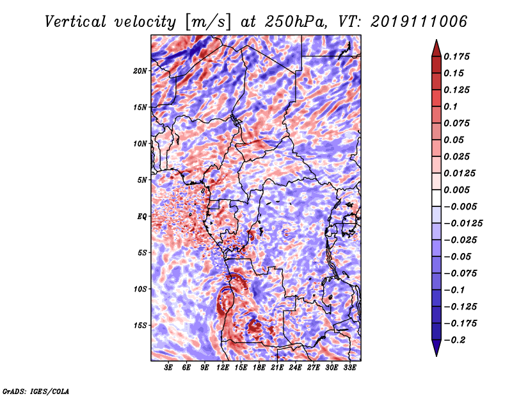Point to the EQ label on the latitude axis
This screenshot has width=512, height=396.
pyautogui.click(x=142, y=217)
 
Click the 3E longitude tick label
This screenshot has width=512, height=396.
pyautogui.click(x=169, y=368)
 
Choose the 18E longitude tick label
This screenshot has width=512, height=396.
pyautogui.click(x=259, y=368)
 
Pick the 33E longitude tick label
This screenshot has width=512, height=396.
pyautogui.click(x=349, y=368)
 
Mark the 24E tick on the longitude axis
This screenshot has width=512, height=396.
pyautogui.click(x=296, y=368)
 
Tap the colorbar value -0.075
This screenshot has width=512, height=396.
pyautogui.click(x=460, y=273)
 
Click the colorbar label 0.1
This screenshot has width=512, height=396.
pyautogui.click(x=452, y=106)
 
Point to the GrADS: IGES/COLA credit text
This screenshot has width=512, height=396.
pyautogui.click(x=36, y=390)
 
